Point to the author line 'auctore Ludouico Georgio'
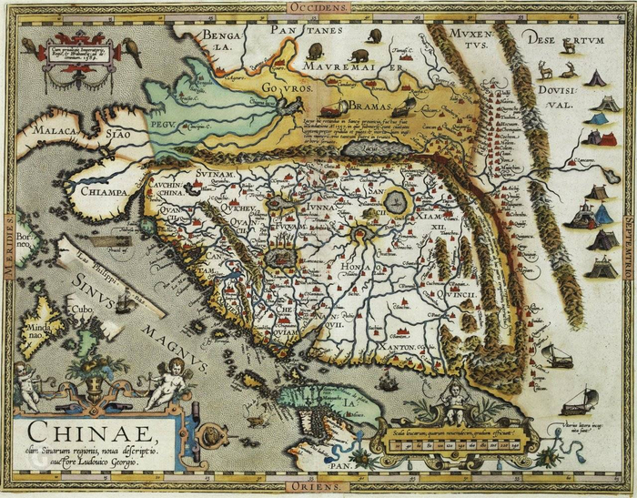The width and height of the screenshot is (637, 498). click(86, 462)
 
